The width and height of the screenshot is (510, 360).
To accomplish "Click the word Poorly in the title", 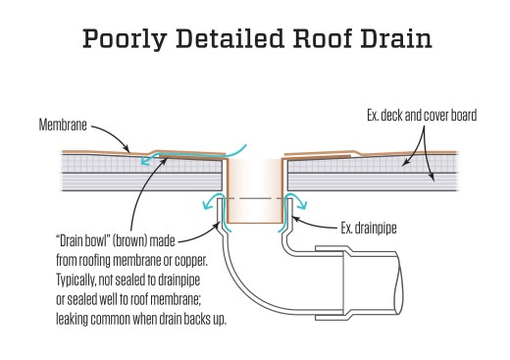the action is pyautogui.click(x=125, y=39).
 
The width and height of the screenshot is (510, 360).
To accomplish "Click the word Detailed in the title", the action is pyautogui.click(x=229, y=38).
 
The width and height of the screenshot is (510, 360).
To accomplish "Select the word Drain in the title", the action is pyautogui.click(x=396, y=38).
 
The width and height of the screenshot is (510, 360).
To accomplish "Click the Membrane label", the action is pyautogui.click(x=63, y=125).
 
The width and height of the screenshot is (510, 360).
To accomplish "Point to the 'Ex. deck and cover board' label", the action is pyautogui.click(x=422, y=116).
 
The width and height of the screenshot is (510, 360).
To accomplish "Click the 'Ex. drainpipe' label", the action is pyautogui.click(x=369, y=229).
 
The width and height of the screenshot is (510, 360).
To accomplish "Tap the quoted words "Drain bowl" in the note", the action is pyautogui.click(x=82, y=241).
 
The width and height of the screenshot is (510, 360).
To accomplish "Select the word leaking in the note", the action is pyautogui.click(x=72, y=319).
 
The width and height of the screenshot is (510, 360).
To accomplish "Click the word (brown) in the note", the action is pyautogui.click(x=129, y=241).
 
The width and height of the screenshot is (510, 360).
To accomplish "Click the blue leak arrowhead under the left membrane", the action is pyautogui.click(x=145, y=161).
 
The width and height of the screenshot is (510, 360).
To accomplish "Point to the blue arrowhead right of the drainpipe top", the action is pyautogui.click(x=302, y=205).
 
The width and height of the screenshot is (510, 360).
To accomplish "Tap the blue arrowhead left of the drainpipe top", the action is pyautogui.click(x=207, y=205).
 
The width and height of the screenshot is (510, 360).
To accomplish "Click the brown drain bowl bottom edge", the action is pyautogui.click(x=255, y=223).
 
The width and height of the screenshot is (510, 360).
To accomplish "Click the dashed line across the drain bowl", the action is pyautogui.click(x=255, y=198).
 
